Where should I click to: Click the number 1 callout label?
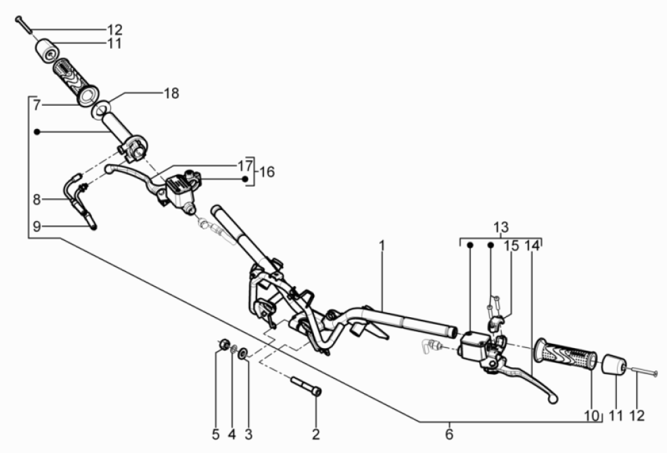pyautogui.click(x=382, y=244)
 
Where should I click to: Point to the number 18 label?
pyautogui.click(x=171, y=93)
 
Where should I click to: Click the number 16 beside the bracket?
pyautogui.click(x=267, y=171)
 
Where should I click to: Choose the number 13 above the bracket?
pyautogui.click(x=501, y=226)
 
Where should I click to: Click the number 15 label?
pyautogui.click(x=511, y=245)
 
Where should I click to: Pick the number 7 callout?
pyautogui.click(x=37, y=106)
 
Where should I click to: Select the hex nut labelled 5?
pyautogui.click(x=222, y=343)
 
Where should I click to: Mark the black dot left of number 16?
pyautogui.click(x=245, y=178)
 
